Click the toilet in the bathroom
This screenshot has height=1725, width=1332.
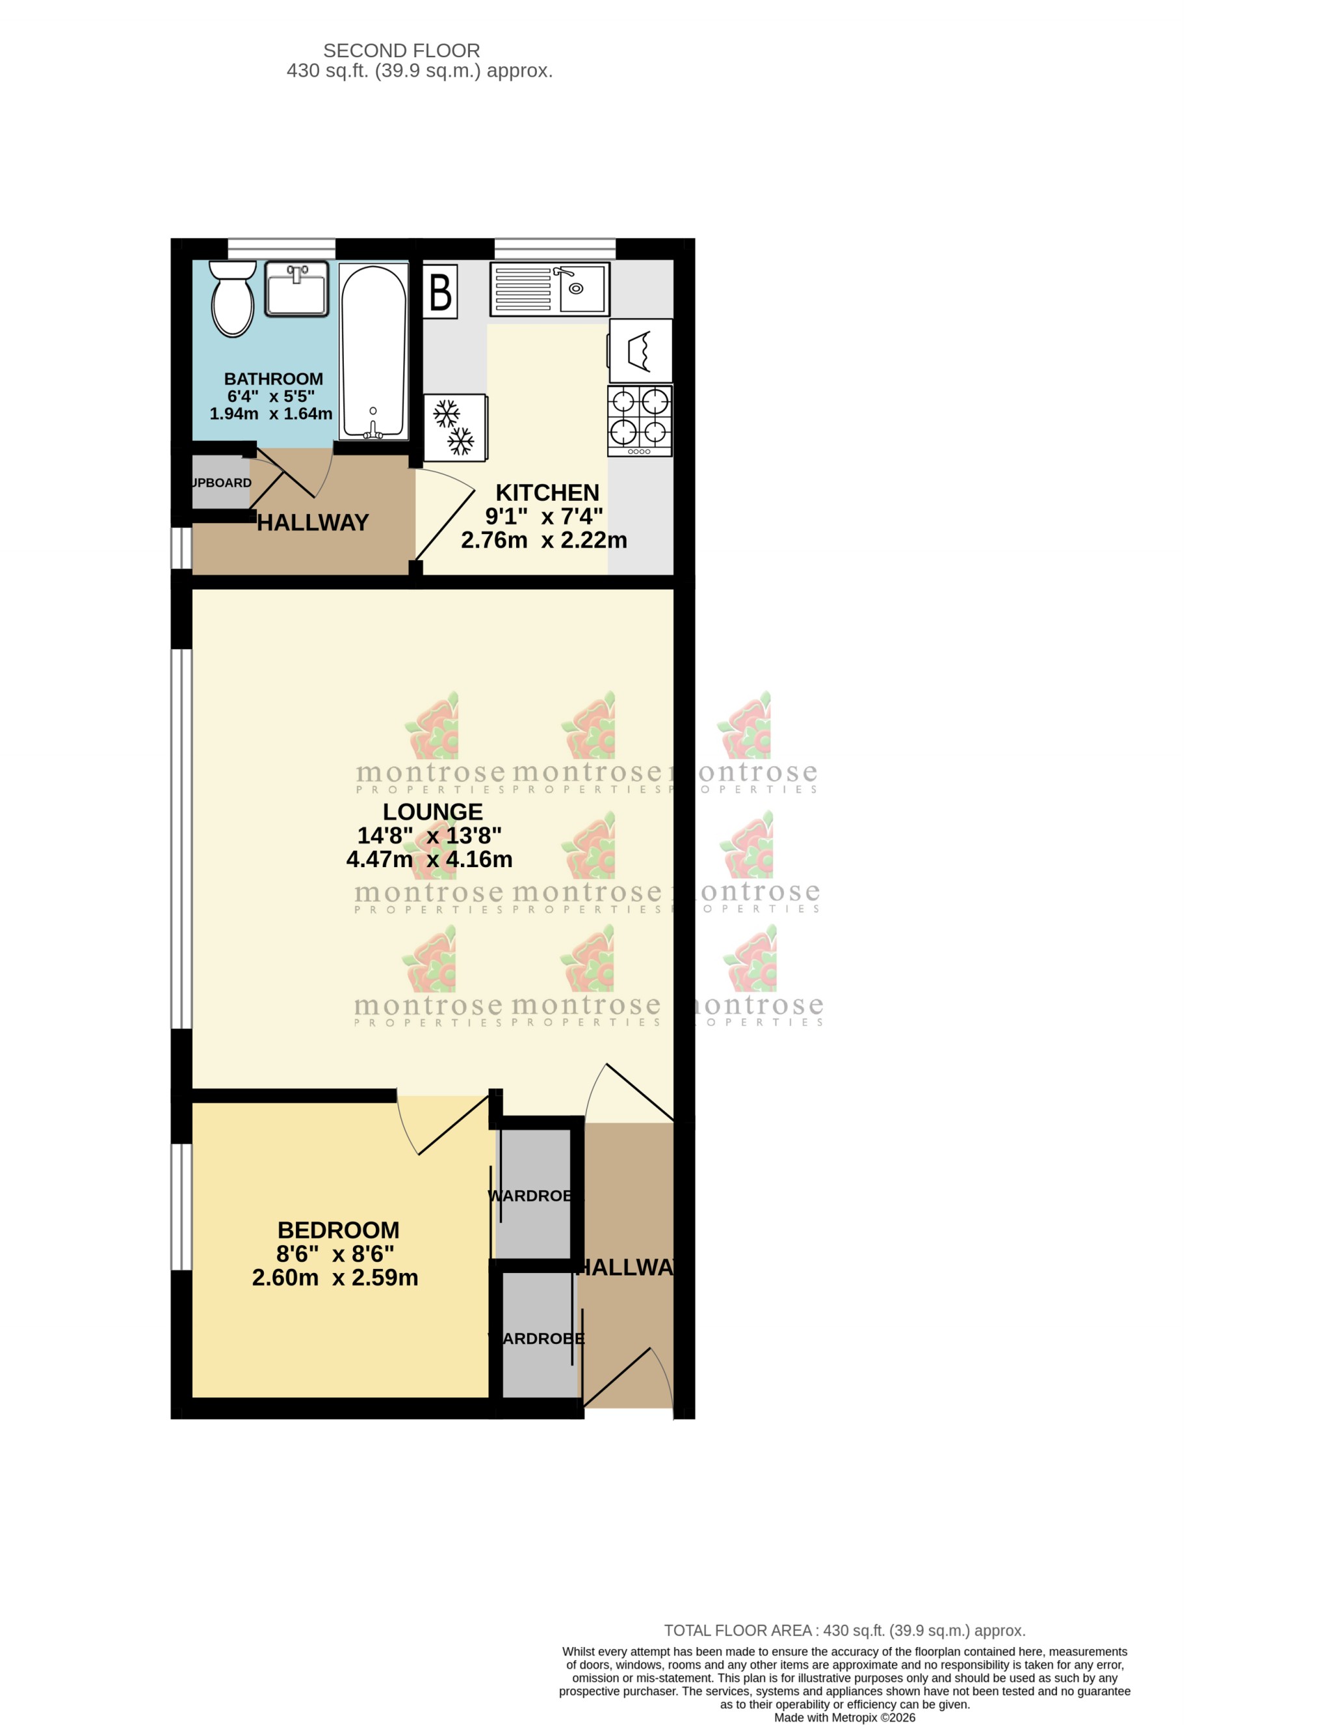pyautogui.click(x=232, y=299)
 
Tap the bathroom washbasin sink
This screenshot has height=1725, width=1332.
pyautogui.click(x=296, y=289)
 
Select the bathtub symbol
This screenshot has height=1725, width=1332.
pyautogui.click(x=372, y=351)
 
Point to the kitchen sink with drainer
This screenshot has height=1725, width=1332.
pyautogui.click(x=549, y=289)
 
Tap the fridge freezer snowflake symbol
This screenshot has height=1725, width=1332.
pyautogui.click(x=455, y=427)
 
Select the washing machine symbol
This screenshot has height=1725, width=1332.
pyautogui.click(x=640, y=351)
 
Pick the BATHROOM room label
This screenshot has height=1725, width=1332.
pyautogui.click(x=273, y=379)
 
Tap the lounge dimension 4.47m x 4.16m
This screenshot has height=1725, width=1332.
pyautogui.click(x=429, y=859)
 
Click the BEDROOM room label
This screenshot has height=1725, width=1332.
pyautogui.click(x=338, y=1230)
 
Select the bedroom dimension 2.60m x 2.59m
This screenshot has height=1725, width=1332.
pyautogui.click(x=335, y=1277)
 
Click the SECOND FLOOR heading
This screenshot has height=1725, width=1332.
pyautogui.click(x=401, y=51)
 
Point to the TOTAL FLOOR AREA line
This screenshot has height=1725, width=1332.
pyautogui.click(x=844, y=1630)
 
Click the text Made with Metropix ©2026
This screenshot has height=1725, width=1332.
pyautogui.click(x=844, y=1717)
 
